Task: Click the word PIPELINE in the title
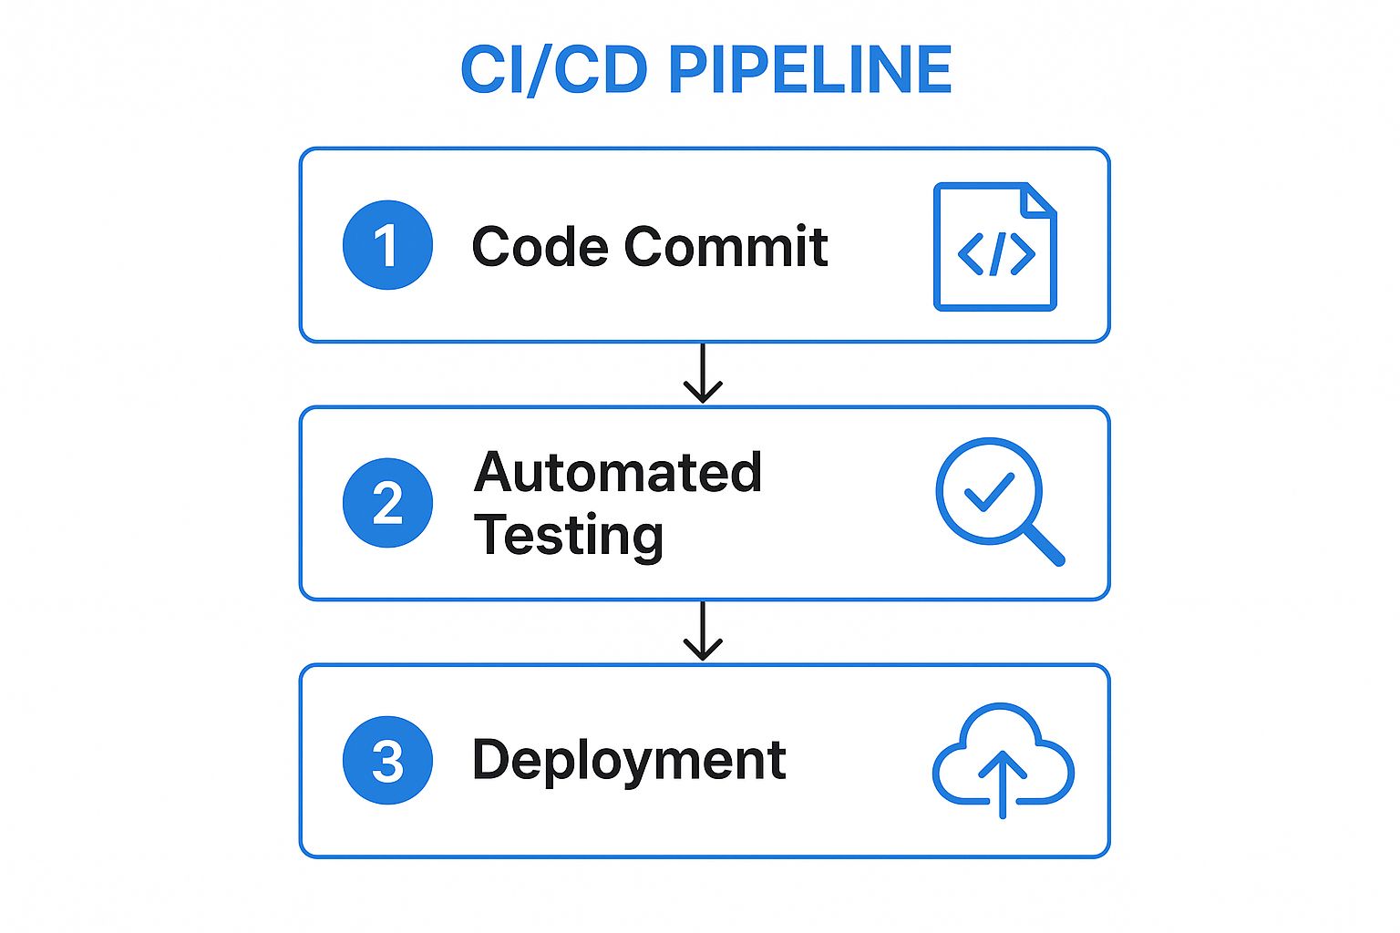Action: (810, 70)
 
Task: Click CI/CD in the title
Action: (554, 70)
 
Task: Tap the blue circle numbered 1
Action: (387, 245)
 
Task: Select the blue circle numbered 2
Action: (387, 503)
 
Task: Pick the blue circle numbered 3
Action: (387, 761)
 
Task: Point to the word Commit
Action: (726, 247)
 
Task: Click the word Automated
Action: (617, 473)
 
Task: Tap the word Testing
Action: (569, 536)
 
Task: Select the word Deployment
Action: (629, 761)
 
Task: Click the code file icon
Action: (994, 247)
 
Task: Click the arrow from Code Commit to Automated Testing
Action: (703, 374)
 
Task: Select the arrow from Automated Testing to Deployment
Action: (703, 631)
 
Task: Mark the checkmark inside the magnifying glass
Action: (989, 493)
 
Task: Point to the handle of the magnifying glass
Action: (1045, 546)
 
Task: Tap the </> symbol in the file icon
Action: (995, 254)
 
